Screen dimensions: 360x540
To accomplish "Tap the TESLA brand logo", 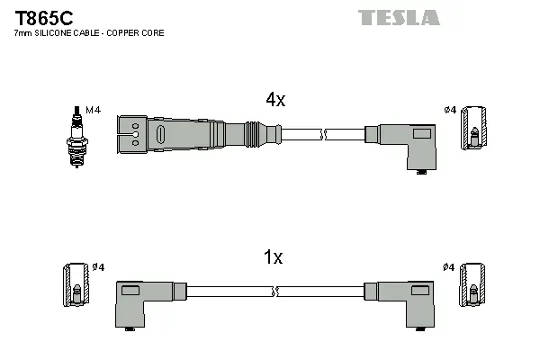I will (x=399, y=18).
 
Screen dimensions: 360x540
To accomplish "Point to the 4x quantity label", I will (x=274, y=101).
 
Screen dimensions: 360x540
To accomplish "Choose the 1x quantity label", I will (x=273, y=257).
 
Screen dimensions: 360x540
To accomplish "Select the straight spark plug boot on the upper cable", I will (x=193, y=134).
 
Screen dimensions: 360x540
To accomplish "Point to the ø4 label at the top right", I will (x=451, y=110).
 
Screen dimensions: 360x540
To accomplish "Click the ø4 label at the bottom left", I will (x=98, y=267).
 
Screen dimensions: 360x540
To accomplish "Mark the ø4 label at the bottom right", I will (x=450, y=267).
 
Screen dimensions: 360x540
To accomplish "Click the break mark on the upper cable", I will (x=326, y=134).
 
